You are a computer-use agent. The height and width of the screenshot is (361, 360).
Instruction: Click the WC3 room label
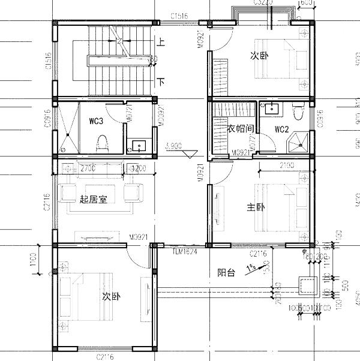(97, 121)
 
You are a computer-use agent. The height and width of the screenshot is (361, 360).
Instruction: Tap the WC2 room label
(282, 129)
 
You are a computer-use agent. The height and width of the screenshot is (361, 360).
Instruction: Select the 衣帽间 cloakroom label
(239, 129)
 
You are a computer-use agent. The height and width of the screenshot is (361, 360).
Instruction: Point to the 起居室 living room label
(93, 200)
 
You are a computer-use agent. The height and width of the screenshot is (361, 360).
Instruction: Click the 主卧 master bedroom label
(256, 207)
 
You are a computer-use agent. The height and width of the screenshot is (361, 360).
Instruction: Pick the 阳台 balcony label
(226, 272)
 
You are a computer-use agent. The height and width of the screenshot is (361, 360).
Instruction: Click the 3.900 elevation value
(174, 145)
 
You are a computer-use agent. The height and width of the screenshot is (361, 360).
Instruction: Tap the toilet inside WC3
(102, 143)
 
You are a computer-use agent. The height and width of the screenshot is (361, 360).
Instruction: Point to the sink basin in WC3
(139, 145)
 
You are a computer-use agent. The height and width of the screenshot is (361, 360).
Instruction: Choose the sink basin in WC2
(271, 109)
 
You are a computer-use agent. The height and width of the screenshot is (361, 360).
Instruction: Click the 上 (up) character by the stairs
(161, 43)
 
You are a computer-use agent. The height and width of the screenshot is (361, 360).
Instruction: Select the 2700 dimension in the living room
(88, 169)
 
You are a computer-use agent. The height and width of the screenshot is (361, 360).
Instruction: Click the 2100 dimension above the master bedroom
(286, 165)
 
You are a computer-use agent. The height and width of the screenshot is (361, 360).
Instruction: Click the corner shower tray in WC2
(298, 142)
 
